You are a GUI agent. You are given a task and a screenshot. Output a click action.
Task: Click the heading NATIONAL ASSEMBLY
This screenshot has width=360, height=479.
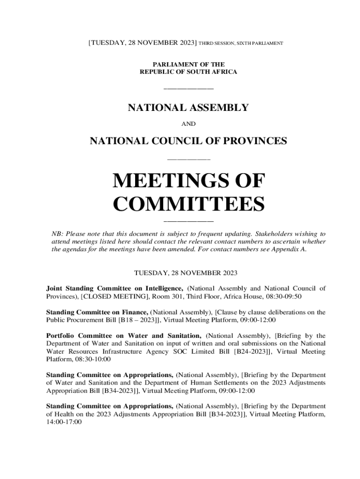(188, 108)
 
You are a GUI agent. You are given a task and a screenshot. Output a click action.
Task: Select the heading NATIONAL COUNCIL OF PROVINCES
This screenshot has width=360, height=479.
(188, 141)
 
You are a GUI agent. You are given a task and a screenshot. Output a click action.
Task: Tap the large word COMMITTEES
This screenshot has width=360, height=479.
(189, 204)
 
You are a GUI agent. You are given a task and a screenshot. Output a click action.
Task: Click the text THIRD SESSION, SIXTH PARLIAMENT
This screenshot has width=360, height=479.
(241, 44)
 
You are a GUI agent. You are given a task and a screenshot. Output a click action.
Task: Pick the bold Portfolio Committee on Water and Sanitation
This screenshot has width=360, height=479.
(123, 336)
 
